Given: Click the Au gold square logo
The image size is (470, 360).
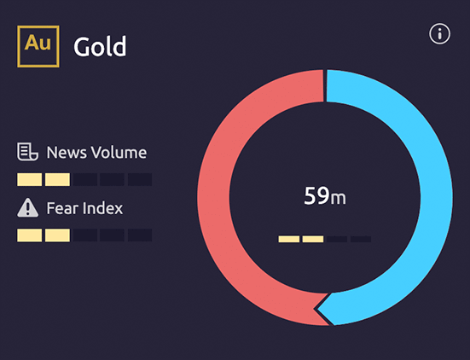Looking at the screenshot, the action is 38,46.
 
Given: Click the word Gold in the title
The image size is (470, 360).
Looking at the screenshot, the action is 100,46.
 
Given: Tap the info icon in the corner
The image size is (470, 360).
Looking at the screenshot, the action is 439,34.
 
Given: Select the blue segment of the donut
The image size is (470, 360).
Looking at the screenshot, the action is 436,198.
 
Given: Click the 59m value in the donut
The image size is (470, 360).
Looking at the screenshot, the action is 325,196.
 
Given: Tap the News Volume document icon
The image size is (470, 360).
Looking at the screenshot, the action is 27,152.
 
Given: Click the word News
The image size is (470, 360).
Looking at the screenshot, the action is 67,152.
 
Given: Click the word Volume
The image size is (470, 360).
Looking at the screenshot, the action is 119,152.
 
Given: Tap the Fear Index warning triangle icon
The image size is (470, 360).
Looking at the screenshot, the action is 27,207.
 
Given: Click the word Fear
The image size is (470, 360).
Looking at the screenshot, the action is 62,208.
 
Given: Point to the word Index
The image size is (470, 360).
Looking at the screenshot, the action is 103,208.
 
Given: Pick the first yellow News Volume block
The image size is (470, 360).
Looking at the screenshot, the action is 29,179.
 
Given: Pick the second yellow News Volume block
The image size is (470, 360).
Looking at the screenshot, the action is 57,179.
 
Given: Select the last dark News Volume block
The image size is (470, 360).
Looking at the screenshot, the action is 140,179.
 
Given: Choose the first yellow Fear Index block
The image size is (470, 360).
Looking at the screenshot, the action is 29,235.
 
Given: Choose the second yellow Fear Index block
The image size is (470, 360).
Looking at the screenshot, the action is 57,235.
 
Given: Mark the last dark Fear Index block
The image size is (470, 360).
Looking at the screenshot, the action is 140,235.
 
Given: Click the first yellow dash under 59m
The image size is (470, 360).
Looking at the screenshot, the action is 289,239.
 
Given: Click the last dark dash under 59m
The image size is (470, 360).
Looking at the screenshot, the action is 361,239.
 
